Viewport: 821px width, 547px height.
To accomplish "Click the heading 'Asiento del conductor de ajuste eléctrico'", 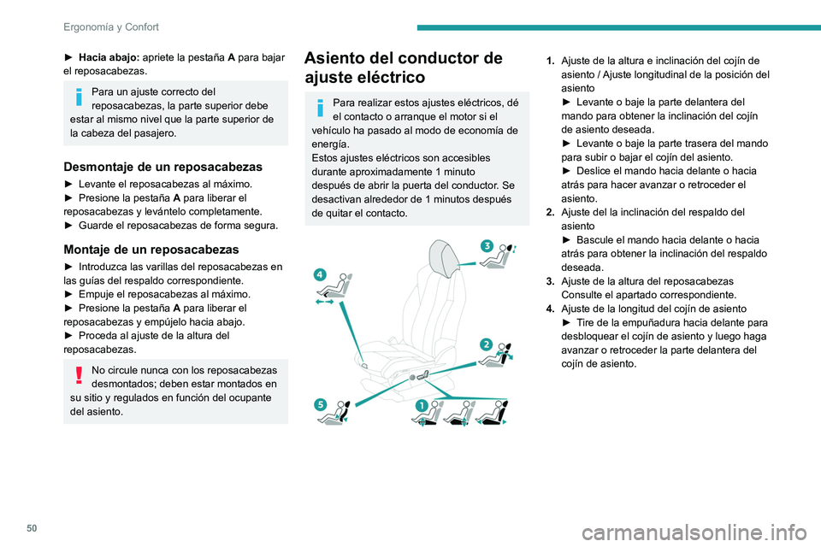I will click(403, 68).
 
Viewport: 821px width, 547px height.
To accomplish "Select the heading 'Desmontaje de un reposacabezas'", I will click(162, 166).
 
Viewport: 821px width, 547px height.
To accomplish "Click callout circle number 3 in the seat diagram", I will click(486, 246).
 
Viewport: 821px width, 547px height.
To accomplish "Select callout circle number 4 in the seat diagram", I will click(319, 274).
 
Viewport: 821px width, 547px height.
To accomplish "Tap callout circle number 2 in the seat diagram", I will click(485, 344).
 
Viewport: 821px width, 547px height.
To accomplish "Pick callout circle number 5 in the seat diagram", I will click(319, 404).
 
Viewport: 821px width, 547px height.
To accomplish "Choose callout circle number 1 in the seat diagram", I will click(421, 404).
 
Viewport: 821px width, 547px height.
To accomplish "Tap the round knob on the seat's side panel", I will click(413, 376).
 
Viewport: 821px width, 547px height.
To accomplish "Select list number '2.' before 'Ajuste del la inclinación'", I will click(552, 212).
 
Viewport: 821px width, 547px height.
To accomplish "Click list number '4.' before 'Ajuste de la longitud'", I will click(552, 308).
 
